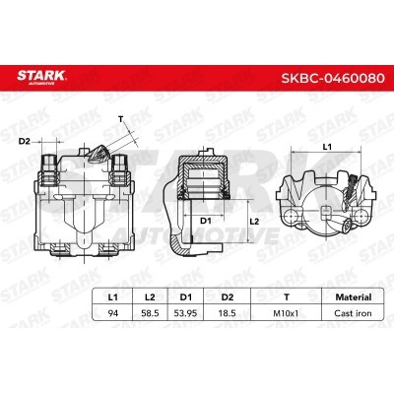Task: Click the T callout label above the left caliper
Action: tap(121, 121)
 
